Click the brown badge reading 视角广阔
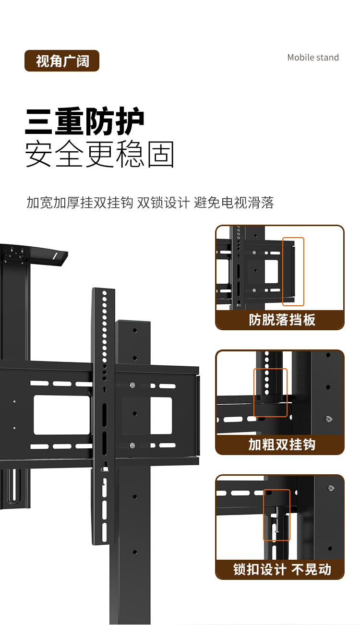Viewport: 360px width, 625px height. pos(61,60)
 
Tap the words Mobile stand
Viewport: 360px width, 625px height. pos(313,58)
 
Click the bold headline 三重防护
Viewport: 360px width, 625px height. pos(84,121)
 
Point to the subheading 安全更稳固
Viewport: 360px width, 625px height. pos(100,154)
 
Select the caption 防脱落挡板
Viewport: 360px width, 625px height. pos(282,320)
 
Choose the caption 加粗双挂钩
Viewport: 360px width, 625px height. pos(282,445)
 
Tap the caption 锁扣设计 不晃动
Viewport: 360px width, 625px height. pos(282,569)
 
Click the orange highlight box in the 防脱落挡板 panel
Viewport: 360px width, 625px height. pos(293,272)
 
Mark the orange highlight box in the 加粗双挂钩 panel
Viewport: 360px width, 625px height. pos(270,393)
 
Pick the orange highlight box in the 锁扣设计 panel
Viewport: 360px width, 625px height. pos(276,515)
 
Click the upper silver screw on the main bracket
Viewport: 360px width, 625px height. pos(132,385)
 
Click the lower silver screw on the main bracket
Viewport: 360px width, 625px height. pos(132,445)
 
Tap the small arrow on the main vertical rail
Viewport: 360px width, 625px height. pos(104,389)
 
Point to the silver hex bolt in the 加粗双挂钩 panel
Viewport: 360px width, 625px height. pos(329,419)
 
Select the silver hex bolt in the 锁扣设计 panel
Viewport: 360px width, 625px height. pos(331,488)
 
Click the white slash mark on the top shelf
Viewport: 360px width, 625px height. pos(55,256)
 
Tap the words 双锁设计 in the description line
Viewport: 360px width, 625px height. pos(163,203)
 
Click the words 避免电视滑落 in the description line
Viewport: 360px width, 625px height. pos(234,203)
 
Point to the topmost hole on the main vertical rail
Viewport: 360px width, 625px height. pos(104,293)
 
